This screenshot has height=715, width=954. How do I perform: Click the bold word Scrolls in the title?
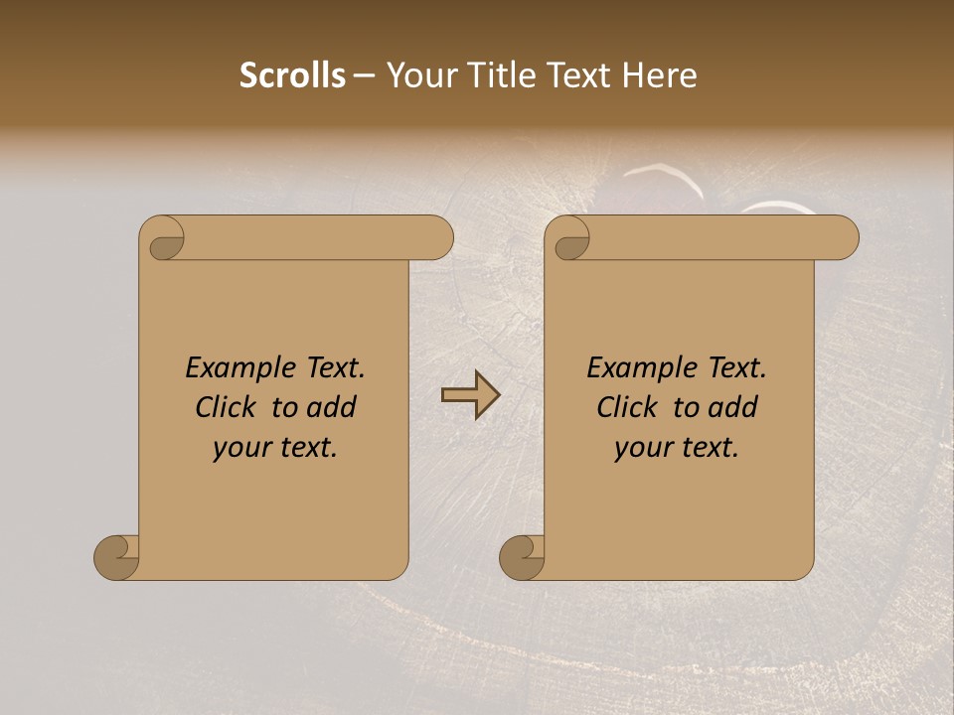point(293,75)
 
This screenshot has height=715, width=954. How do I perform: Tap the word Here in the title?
point(660,75)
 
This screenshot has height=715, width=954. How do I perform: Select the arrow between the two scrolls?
point(470,395)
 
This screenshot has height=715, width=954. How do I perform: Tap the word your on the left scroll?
point(242,448)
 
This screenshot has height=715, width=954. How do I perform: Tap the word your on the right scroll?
point(644,448)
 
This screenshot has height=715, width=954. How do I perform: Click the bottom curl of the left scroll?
point(117,557)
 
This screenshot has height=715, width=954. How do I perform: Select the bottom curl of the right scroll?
point(523,557)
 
